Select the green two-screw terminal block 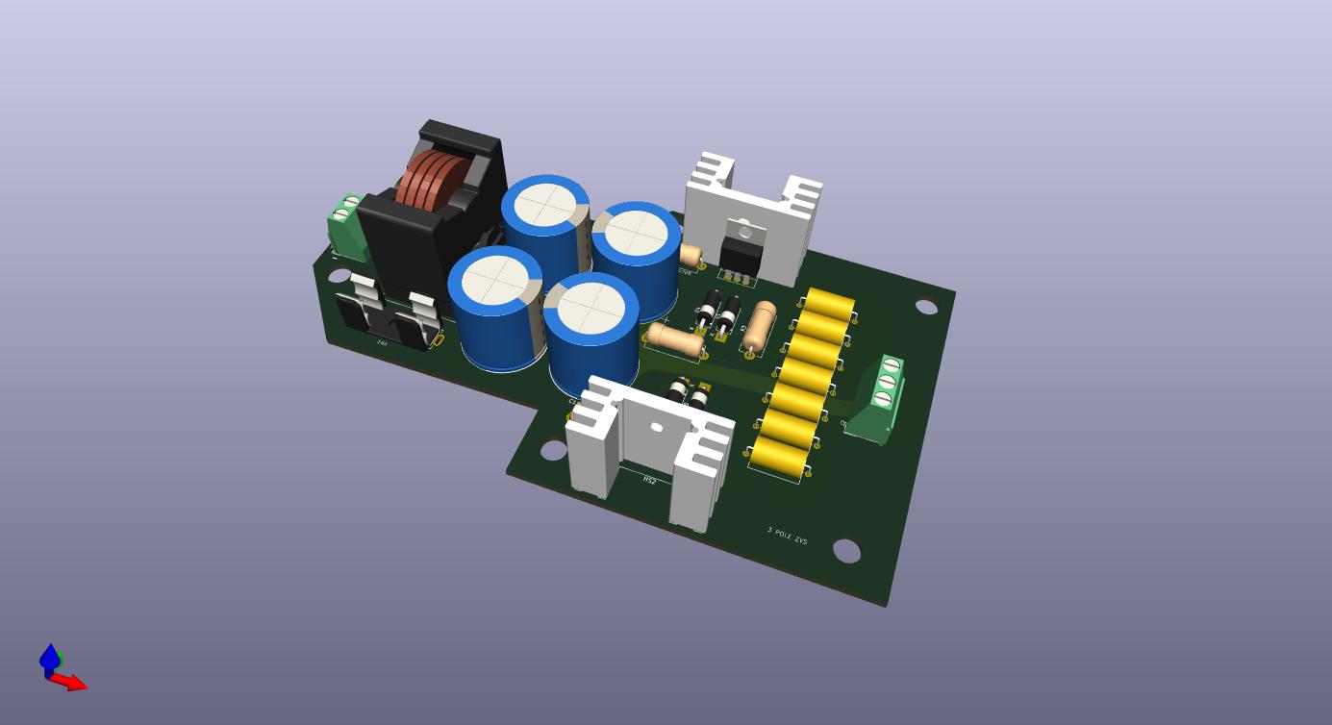[345, 227]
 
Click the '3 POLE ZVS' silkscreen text [787, 536]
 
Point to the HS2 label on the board [650, 480]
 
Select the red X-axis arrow [70, 683]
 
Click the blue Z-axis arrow [49, 657]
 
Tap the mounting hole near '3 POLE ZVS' [846, 551]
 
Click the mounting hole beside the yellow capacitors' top [926, 307]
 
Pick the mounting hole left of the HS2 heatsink [553, 449]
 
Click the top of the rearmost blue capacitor [545, 205]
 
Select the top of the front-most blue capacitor [591, 309]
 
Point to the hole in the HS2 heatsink [656, 427]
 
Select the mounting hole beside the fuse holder [339, 276]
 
